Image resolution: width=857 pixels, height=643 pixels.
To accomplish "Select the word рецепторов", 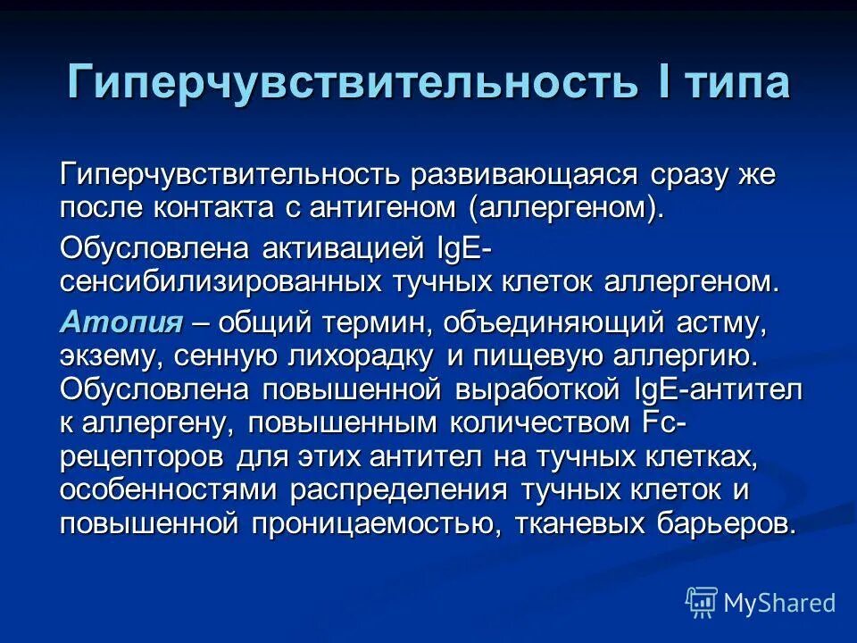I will point(143,456).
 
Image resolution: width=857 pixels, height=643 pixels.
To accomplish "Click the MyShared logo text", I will point(778,603).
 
